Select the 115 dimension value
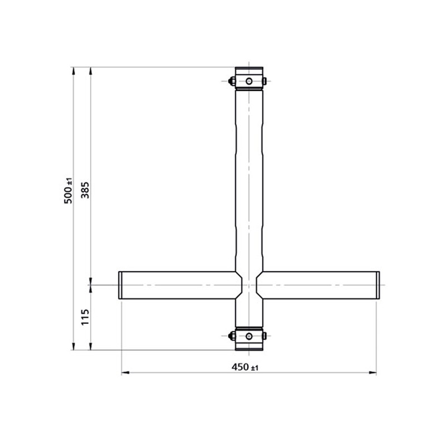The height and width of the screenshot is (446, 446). pos(85,318)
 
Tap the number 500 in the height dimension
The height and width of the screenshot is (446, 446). pos(68,196)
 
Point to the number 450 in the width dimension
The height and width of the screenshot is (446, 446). pos(240,367)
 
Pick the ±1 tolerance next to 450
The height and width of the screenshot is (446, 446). pos(256,367)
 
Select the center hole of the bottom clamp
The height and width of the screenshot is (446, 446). pos(249,336)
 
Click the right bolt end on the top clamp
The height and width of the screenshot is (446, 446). pos(265,81)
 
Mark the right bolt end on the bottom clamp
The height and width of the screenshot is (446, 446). pos(265,336)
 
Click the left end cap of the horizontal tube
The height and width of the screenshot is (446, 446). pos(120,285)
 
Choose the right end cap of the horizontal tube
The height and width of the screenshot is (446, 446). pos(378,285)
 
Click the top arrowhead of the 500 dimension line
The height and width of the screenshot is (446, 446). pos(73,70)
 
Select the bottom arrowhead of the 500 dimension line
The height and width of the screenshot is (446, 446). pos(73,348)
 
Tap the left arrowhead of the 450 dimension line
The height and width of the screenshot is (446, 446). pos(124,372)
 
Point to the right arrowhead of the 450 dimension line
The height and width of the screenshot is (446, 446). pos(374,372)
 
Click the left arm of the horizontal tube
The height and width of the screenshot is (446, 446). pos(178,285)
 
